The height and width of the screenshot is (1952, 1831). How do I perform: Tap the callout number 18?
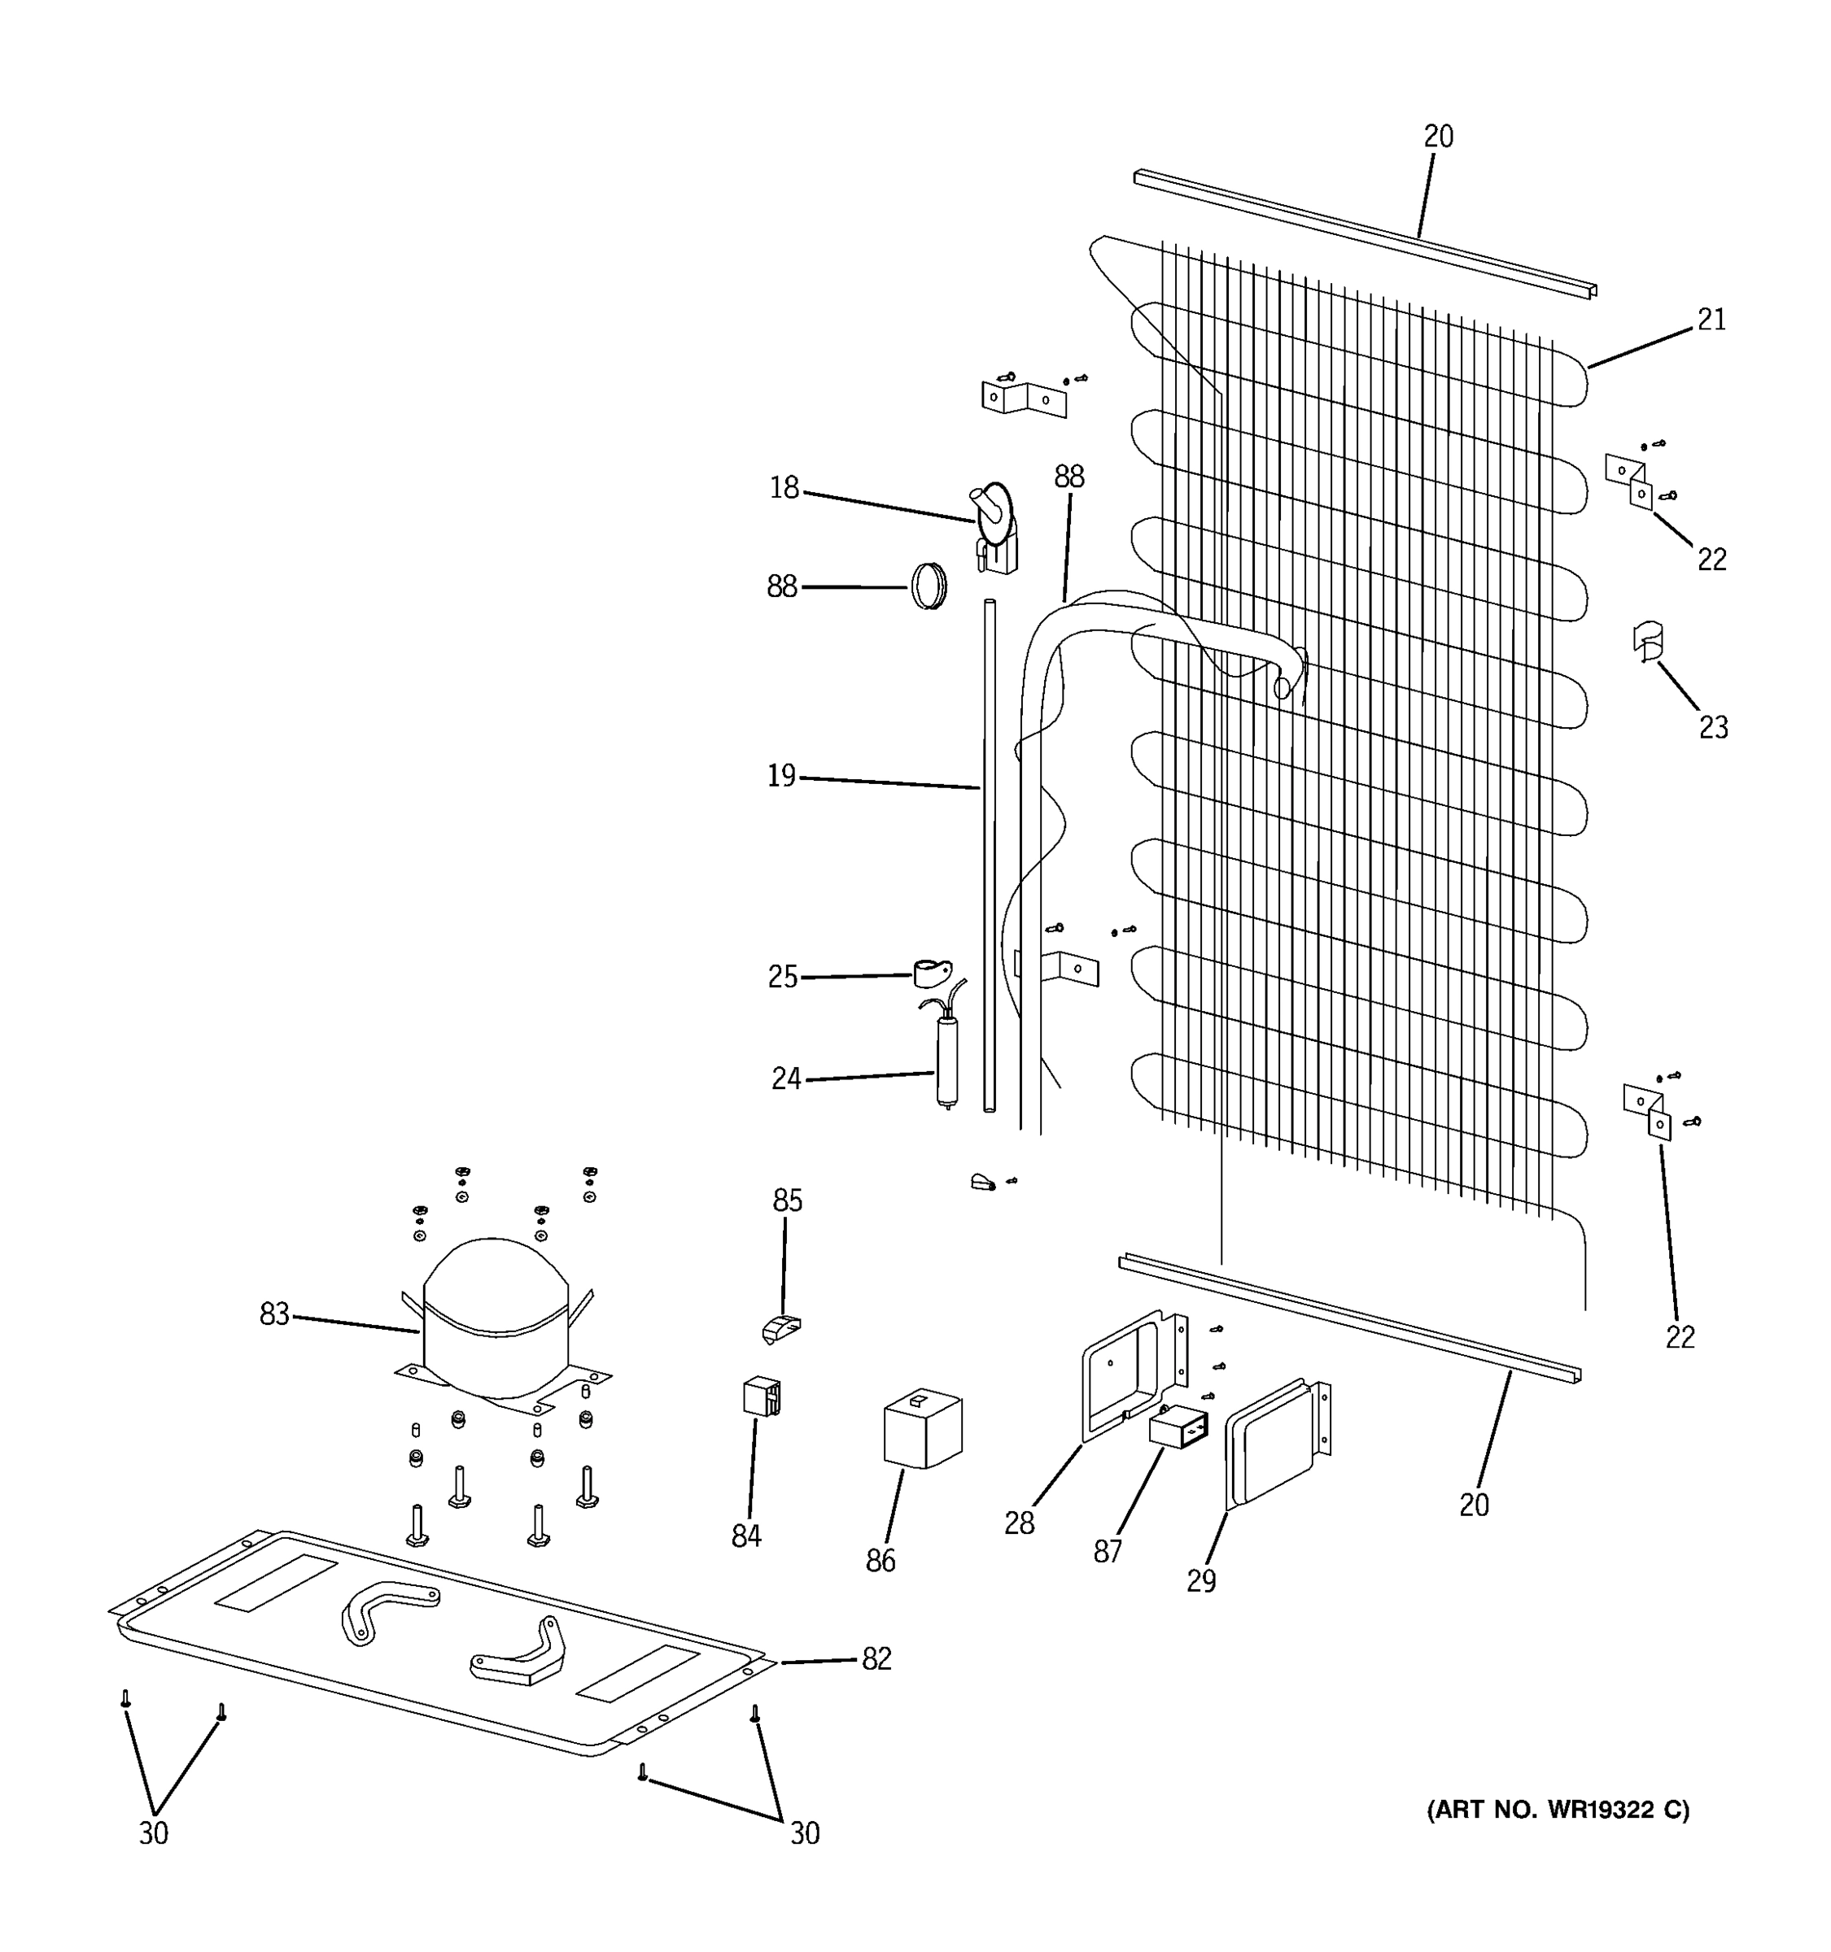[x=784, y=488]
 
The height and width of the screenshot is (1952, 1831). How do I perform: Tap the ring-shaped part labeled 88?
[x=929, y=586]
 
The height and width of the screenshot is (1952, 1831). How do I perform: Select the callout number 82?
[x=876, y=1658]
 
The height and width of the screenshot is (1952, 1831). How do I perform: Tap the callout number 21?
[x=1711, y=320]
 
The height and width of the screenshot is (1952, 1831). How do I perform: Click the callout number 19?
[x=781, y=777]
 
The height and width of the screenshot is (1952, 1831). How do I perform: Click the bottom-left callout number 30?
[x=153, y=1833]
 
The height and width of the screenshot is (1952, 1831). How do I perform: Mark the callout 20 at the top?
[x=1438, y=137]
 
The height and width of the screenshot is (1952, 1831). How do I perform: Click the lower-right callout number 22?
[x=1680, y=1336]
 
